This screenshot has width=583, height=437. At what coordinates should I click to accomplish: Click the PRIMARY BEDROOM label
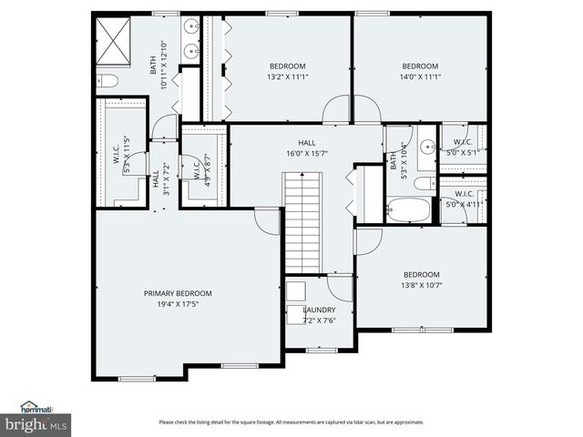pyautogui.click(x=178, y=293)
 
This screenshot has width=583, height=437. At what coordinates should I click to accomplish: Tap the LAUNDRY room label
pyautogui.click(x=319, y=310)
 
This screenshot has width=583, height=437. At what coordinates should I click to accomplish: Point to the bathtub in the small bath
pyautogui.click(x=406, y=209)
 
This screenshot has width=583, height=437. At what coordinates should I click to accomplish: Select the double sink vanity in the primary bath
pyautogui.click(x=189, y=39)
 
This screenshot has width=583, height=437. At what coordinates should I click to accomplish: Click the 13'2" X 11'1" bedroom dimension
pyautogui.click(x=287, y=77)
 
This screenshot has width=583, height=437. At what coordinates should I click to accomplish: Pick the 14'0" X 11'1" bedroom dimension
pyautogui.click(x=421, y=77)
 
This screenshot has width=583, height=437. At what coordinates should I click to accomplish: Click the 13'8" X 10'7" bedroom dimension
pyautogui.click(x=421, y=286)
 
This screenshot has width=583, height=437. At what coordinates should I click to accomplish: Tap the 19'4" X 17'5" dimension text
pyautogui.click(x=178, y=304)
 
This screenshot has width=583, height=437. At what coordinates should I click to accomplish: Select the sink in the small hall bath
pyautogui.click(x=426, y=145)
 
